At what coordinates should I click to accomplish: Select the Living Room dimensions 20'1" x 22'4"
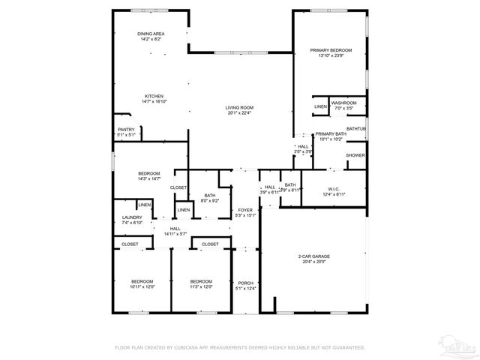pos(239,114)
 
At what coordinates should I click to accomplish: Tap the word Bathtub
pos(357,128)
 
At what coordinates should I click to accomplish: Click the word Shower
pos(355,155)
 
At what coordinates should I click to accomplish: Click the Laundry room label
pos(132,220)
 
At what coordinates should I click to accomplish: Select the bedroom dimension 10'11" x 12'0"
pos(142,286)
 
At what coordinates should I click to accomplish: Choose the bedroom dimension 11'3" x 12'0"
pos(202,286)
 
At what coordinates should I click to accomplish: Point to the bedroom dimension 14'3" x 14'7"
pos(148,178)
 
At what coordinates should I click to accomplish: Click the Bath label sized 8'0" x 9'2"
pos(209,200)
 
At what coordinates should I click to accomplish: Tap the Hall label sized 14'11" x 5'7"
pos(175,232)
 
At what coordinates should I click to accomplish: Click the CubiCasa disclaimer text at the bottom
pos(239,348)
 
